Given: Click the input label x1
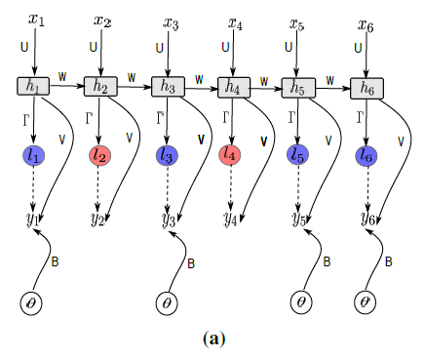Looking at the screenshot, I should [x=37, y=20].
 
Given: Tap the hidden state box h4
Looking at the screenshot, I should [x=233, y=87].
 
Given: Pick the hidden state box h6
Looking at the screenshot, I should [x=366, y=87].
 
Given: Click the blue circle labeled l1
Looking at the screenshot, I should [x=34, y=153].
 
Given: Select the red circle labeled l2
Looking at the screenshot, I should [x=100, y=154].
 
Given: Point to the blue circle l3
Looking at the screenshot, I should [x=167, y=154].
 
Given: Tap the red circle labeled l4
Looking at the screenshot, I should [x=232, y=154].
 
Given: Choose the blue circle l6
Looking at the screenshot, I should [x=366, y=154].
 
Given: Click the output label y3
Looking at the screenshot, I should [x=168, y=219].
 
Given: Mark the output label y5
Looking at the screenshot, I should [x=300, y=219].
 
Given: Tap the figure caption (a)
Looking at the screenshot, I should [x=213, y=339].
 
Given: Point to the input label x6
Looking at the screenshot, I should [x=366, y=20].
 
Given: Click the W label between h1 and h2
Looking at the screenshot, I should [x=63, y=75].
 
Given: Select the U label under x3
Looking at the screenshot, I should [x=160, y=47].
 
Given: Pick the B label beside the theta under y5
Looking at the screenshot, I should [x=328, y=261].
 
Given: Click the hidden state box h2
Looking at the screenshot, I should [x=100, y=86].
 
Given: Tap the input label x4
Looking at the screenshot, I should [x=235, y=20].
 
